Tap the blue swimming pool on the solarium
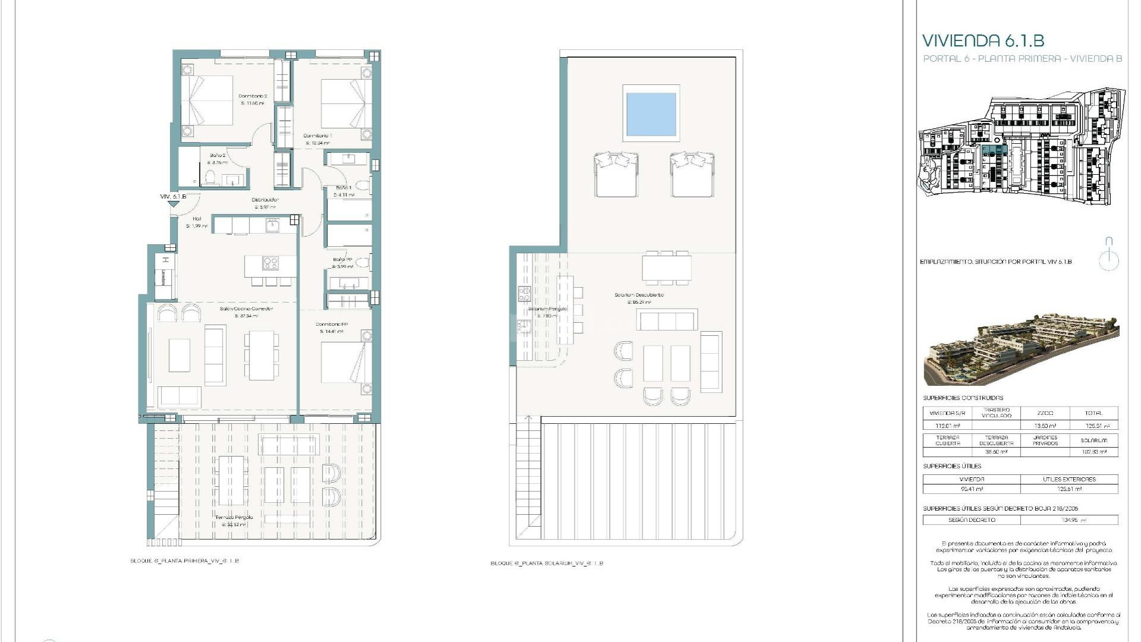click(x=651, y=113)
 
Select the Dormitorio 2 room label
click(x=253, y=96)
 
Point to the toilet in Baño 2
click(x=210, y=178)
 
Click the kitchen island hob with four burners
click(x=270, y=263)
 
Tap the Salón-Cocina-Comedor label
click(x=246, y=309)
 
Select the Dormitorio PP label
click(x=332, y=325)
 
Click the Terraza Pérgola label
click(x=234, y=518)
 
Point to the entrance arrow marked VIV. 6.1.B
click(x=173, y=203)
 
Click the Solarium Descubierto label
click(x=639, y=295)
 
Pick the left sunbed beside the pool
click(x=616, y=174)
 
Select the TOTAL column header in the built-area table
click(x=1093, y=413)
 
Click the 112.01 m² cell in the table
click(x=947, y=426)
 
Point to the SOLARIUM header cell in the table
click(x=1093, y=440)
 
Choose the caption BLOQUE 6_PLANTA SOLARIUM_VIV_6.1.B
click(x=547, y=563)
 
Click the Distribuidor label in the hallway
click(x=265, y=200)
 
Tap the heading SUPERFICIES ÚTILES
click(x=952, y=466)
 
